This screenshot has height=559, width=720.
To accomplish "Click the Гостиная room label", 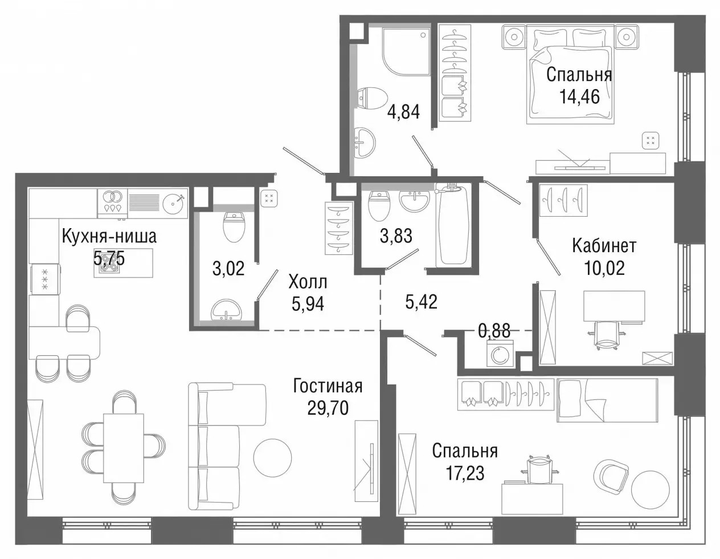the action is click(x=328, y=387).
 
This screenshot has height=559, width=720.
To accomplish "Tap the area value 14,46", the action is click(x=579, y=97).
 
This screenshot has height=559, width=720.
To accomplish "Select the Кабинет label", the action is click(x=604, y=246).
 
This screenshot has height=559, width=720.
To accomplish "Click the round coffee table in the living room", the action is click(x=272, y=458).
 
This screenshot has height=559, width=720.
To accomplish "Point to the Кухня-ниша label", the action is click(x=109, y=237).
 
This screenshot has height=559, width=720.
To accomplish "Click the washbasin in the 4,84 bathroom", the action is click(x=365, y=143).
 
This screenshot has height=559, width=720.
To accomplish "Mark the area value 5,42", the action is click(x=422, y=302).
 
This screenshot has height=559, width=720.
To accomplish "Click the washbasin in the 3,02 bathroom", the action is click(x=227, y=310).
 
